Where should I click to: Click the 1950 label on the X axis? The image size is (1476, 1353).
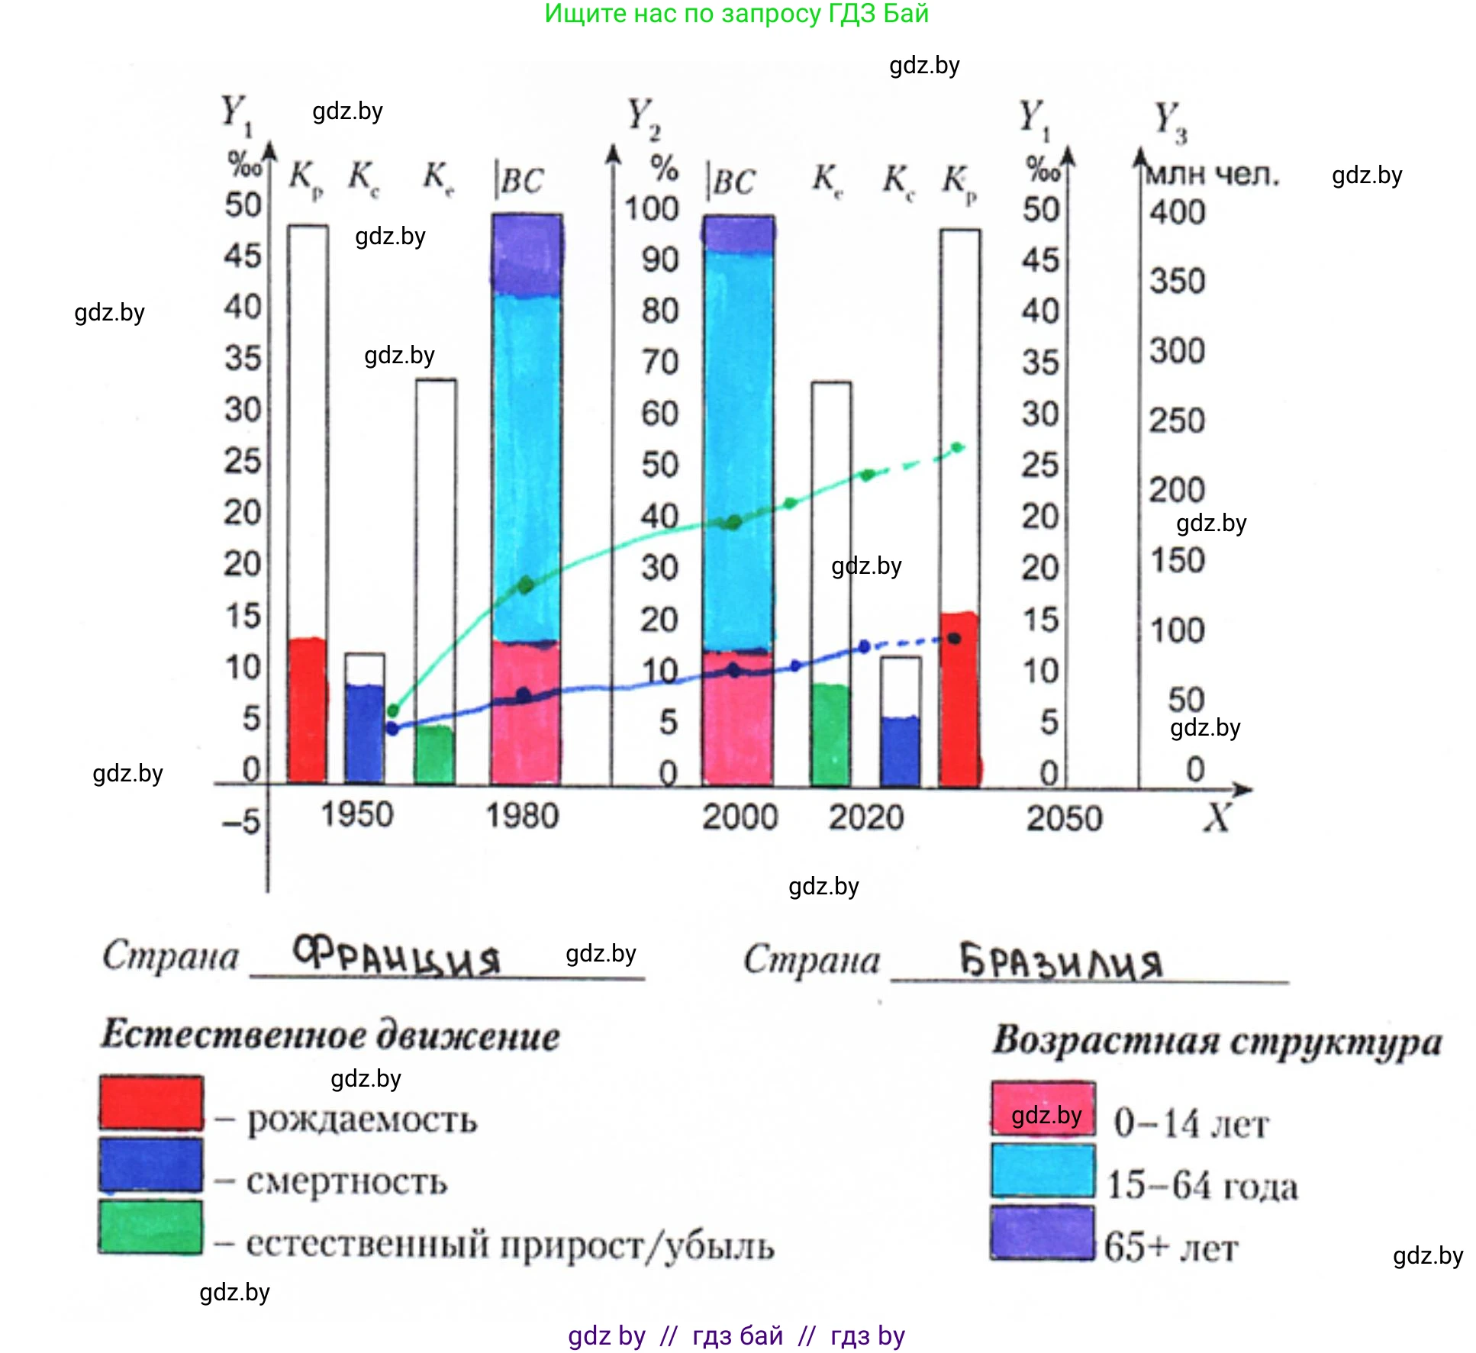[356, 814]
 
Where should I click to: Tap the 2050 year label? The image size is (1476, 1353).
[1064, 819]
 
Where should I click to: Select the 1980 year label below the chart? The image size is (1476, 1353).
[522, 816]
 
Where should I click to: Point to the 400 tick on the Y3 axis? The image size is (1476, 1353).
[1178, 212]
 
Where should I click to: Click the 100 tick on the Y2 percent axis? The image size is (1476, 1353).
[651, 209]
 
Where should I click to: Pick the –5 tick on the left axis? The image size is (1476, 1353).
[242, 823]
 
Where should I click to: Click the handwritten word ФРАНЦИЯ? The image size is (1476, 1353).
[397, 957]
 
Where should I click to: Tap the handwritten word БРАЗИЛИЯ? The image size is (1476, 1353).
[1061, 962]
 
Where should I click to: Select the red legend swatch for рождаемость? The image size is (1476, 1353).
[151, 1102]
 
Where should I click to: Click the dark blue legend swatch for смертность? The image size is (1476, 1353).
[151, 1165]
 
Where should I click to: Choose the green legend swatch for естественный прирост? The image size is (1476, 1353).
[151, 1227]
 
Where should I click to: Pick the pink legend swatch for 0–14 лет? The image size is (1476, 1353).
[1043, 1109]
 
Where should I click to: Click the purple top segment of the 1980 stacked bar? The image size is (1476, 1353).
[527, 255]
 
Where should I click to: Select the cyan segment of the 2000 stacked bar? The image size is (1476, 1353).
[738, 450]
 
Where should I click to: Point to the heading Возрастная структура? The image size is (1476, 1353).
[1217, 1041]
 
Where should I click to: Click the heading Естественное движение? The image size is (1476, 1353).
[330, 1036]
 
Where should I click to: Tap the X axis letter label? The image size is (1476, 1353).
[1217, 818]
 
